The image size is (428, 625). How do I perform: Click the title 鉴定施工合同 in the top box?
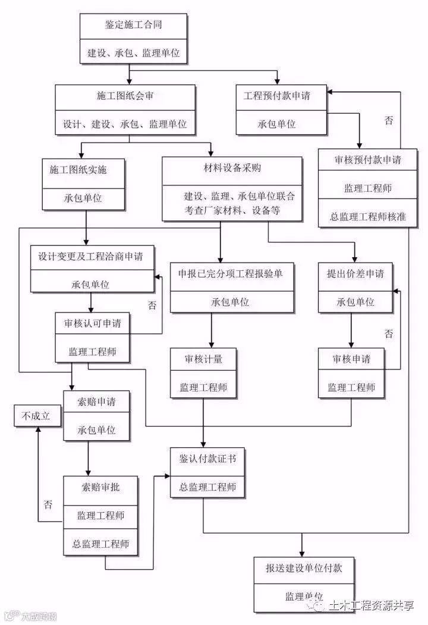(133, 25)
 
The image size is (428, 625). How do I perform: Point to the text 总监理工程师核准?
(368, 217)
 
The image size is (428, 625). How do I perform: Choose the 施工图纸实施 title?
(83, 169)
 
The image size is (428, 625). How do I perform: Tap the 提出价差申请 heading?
(355, 273)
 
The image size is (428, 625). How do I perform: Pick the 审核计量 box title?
(204, 359)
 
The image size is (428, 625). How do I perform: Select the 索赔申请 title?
(97, 402)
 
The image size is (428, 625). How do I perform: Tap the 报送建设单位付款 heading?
(304, 568)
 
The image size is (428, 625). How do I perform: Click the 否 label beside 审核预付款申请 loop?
(388, 121)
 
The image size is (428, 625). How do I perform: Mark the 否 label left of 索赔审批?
(48, 505)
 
